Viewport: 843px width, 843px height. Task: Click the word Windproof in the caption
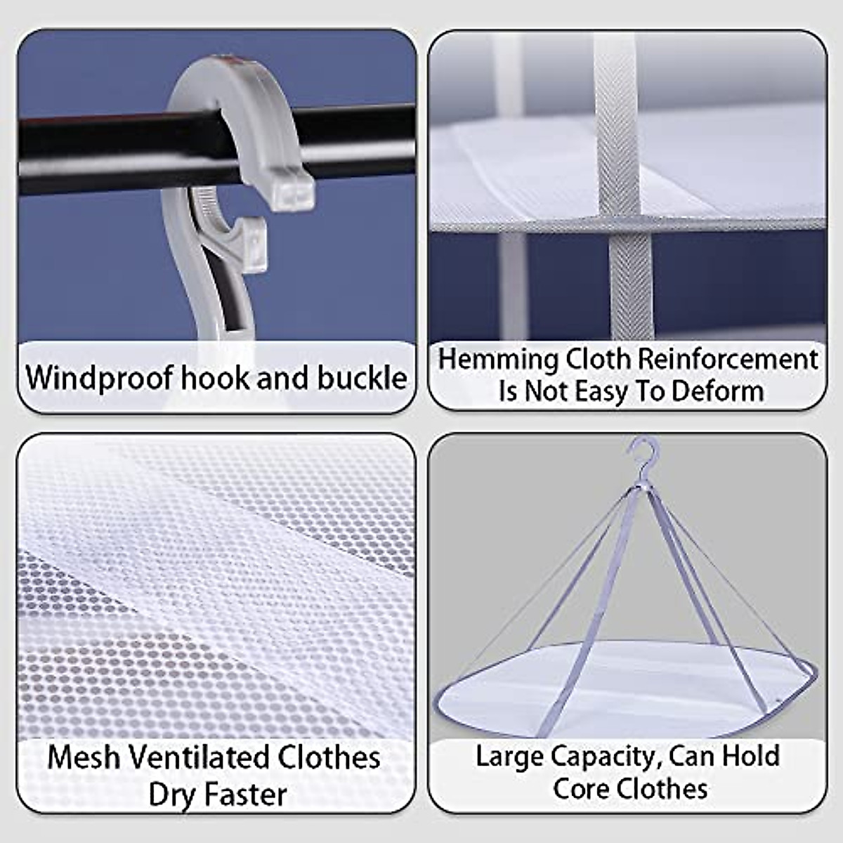[x=99, y=378]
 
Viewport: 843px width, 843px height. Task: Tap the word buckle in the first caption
[x=362, y=378]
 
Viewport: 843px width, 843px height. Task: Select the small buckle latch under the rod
[x=249, y=242]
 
